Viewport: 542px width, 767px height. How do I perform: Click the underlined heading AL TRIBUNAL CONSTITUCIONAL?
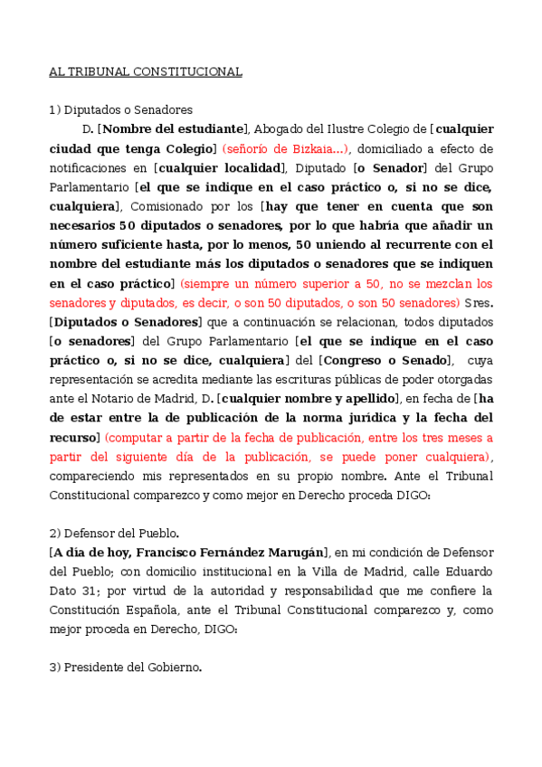click(x=146, y=71)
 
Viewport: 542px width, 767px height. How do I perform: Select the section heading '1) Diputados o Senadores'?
click(x=120, y=110)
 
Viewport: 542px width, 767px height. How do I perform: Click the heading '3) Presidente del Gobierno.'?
click(x=125, y=668)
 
